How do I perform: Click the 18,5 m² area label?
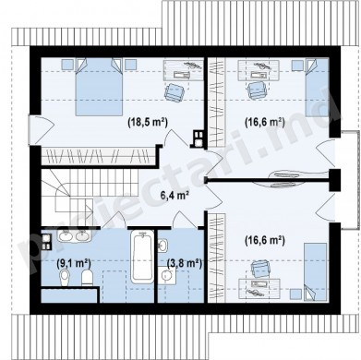(x=148, y=123)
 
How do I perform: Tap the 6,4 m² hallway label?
(x=174, y=195)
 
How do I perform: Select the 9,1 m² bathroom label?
(x=74, y=263)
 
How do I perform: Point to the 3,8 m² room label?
(x=185, y=263)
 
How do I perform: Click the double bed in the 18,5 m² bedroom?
(x=99, y=88)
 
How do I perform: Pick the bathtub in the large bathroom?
(x=142, y=257)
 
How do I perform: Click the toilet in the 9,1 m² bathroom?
(x=88, y=277)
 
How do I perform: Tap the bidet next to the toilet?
(x=65, y=277)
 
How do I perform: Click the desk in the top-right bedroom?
(x=259, y=70)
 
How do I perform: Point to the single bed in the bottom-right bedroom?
(x=316, y=271)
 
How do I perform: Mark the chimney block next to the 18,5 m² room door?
(x=198, y=138)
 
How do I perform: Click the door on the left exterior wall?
(x=34, y=129)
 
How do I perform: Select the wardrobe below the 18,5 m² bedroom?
(x=98, y=156)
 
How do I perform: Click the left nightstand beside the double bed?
(x=67, y=65)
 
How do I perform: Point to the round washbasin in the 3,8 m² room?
(x=167, y=275)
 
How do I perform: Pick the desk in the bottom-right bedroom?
(x=260, y=289)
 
